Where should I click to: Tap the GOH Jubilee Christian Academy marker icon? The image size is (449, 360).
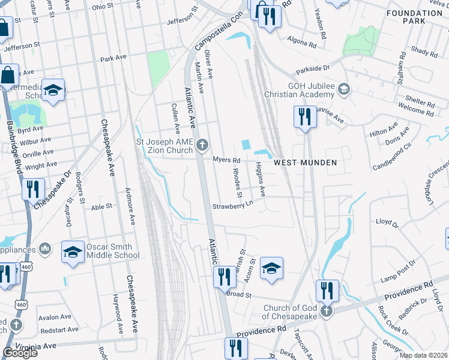[344, 90]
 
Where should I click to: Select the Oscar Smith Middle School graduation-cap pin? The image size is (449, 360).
[73, 253]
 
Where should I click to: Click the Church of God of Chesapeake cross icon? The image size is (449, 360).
[326, 311]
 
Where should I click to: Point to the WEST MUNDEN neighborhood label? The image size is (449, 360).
[305, 163]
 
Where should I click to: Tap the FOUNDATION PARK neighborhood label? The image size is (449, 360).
[414, 17]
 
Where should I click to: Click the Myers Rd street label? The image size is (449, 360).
[226, 160]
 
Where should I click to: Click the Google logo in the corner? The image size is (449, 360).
[20, 352]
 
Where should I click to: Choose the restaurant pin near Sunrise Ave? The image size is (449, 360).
[305, 116]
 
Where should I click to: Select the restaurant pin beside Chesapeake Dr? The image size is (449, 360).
[32, 189]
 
